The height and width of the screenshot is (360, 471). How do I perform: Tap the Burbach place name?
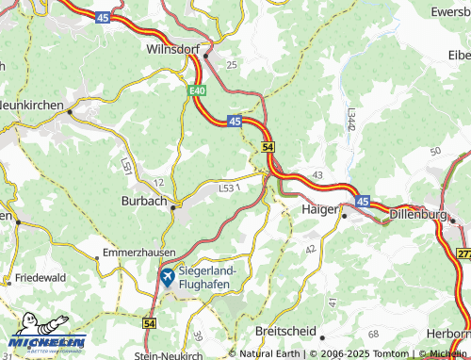pyautogui.click(x=144, y=201)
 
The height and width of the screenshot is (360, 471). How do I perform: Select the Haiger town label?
pyautogui.click(x=319, y=209)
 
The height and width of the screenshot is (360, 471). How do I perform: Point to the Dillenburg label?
pyautogui.click(x=419, y=213)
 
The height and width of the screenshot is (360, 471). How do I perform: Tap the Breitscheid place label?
pyautogui.click(x=285, y=331)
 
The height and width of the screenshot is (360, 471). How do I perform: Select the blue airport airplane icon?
pyautogui.click(x=167, y=276)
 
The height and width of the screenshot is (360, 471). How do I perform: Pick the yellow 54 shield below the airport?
pyautogui.click(x=150, y=322)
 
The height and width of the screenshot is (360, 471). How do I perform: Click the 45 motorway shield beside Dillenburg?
pyautogui.click(x=364, y=201)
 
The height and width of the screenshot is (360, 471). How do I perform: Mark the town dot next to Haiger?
pyautogui.click(x=344, y=216)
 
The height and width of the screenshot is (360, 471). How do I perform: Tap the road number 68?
pyautogui.click(x=374, y=335)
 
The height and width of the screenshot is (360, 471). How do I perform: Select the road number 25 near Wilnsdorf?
pyautogui.click(x=232, y=63)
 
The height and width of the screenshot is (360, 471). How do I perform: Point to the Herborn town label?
pyautogui.click(x=447, y=334)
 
